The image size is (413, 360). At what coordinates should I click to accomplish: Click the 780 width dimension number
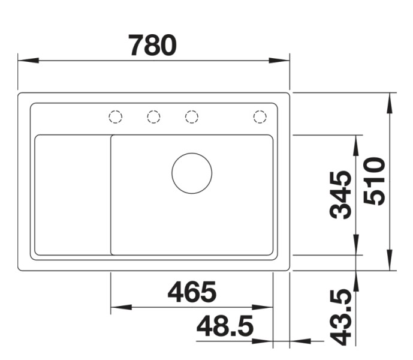point(153,46)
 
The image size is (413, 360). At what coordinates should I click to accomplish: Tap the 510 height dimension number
point(376,181)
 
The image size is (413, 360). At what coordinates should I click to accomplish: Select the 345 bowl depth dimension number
point(342,194)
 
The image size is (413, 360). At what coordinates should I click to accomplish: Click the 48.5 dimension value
point(225,327)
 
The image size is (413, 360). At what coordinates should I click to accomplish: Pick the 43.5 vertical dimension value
point(342,317)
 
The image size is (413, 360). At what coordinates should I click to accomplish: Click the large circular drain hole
point(192,173)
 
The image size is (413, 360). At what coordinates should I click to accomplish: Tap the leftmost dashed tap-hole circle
point(116,117)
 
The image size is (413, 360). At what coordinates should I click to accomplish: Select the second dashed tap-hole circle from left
point(153,117)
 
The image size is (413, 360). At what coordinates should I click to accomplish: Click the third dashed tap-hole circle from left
point(192,117)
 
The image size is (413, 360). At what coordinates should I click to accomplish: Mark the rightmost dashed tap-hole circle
point(260,117)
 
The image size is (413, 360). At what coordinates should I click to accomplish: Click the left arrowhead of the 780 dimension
point(28,61)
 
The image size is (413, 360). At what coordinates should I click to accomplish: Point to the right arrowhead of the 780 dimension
point(280,61)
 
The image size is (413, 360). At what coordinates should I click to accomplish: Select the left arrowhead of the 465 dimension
point(120,307)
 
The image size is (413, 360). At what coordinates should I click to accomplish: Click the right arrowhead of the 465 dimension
point(264,307)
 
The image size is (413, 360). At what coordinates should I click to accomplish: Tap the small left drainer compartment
point(72,195)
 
